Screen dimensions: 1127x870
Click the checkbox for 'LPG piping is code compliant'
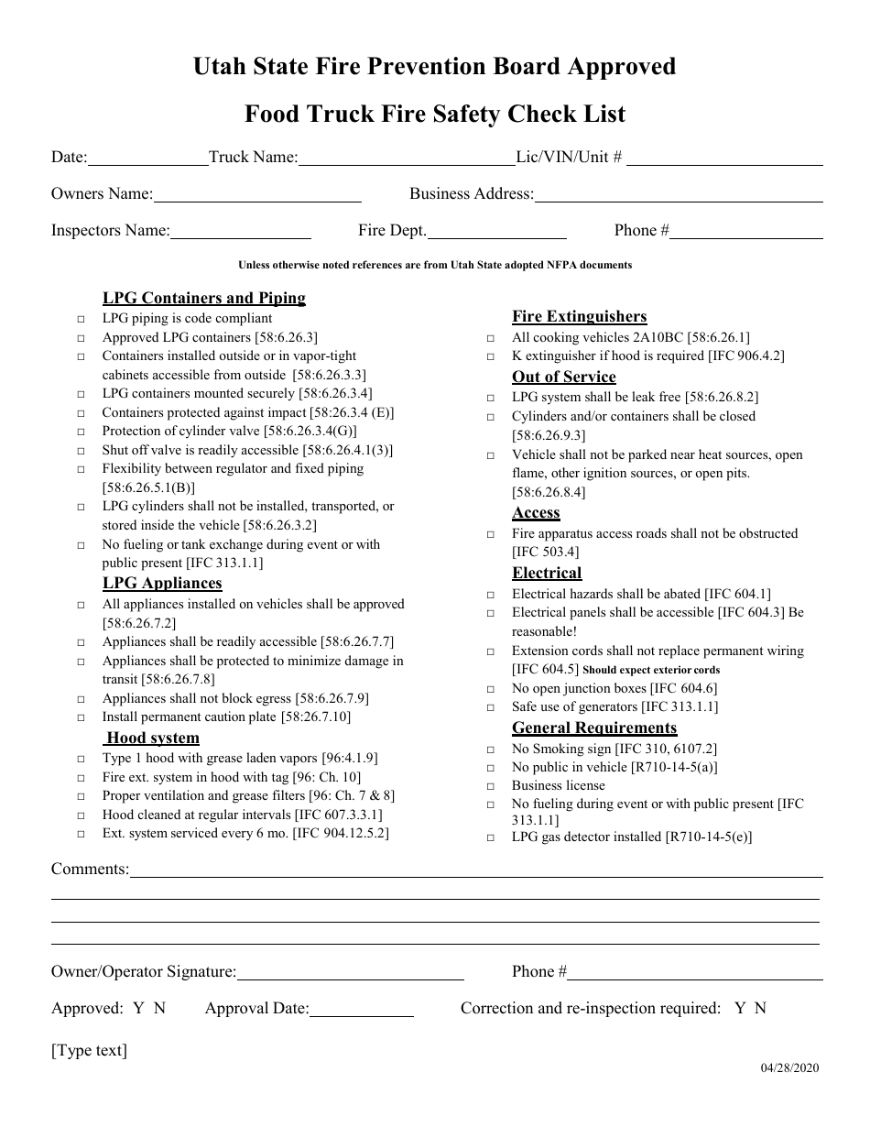(81, 320)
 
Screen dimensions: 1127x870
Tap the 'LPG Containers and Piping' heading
(203, 298)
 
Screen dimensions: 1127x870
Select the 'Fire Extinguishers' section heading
(579, 316)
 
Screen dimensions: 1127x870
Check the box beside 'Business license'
(491, 786)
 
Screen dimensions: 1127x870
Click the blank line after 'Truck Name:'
(407, 160)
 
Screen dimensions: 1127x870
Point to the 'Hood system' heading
(152, 738)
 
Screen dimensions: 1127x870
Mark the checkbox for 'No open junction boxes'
(491, 689)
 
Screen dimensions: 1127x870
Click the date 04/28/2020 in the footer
(789, 1067)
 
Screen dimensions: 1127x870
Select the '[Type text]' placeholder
(89, 1050)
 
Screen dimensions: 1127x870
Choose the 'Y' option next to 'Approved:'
(138, 1008)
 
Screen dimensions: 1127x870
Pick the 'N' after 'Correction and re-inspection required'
(760, 1008)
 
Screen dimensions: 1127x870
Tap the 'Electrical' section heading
(547, 573)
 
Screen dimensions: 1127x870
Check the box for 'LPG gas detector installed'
(491, 837)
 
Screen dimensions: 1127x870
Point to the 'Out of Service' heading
(563, 377)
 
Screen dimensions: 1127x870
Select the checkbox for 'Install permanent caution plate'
(81, 717)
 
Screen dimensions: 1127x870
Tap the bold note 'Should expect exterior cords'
(651, 670)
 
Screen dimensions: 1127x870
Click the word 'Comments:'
(90, 869)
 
